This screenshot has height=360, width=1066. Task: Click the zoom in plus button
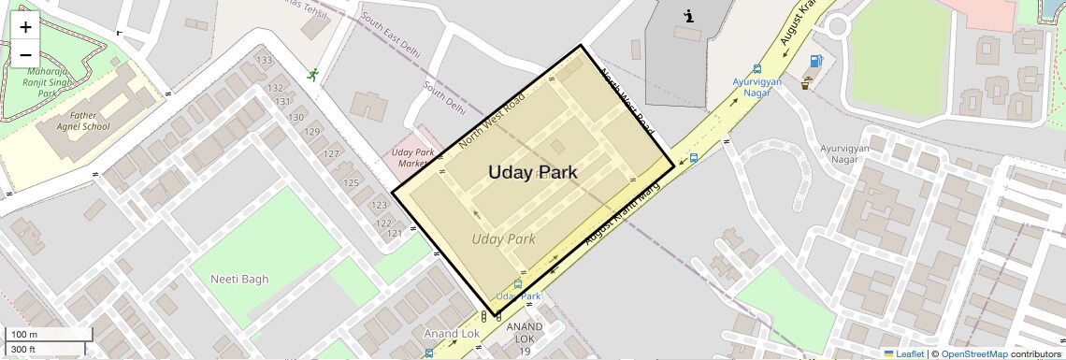point(25,28)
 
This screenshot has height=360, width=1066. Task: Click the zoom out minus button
point(25,55)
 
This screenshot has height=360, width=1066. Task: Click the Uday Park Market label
point(413,157)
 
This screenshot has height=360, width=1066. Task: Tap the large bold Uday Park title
point(532,172)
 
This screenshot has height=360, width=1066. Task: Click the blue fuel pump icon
point(816,62)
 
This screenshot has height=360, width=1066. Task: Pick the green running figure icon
point(312,75)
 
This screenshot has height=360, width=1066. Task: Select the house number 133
point(264,61)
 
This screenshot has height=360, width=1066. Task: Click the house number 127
point(330,154)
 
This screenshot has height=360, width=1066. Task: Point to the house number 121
point(394,233)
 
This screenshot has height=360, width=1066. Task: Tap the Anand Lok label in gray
point(452,333)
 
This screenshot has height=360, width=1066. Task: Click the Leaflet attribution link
point(903,353)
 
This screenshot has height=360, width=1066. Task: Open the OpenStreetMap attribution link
point(973,353)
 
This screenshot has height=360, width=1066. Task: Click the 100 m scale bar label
point(24,335)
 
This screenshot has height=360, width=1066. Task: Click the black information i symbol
point(689,16)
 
